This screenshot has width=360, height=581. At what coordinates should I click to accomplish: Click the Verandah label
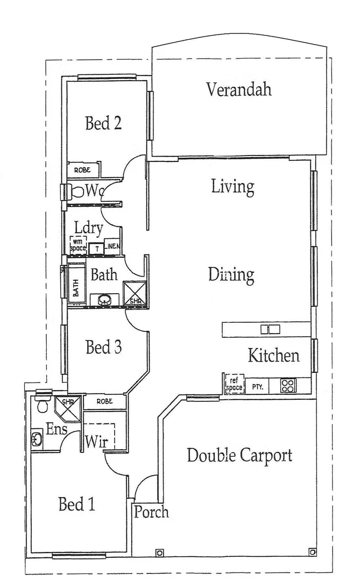239,89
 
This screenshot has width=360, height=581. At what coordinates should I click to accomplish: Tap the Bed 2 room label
103,123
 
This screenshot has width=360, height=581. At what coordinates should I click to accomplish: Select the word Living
232,187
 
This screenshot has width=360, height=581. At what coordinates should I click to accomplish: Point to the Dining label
231,275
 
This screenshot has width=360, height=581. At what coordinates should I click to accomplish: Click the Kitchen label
273,356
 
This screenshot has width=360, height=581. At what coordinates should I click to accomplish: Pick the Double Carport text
239,455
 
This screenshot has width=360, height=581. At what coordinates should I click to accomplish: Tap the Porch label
151,512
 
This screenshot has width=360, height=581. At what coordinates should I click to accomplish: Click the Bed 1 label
76,504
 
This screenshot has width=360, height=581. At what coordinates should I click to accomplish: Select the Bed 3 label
103,348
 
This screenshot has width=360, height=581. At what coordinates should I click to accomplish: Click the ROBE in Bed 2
83,170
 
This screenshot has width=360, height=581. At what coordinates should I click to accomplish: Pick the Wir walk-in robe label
96,442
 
